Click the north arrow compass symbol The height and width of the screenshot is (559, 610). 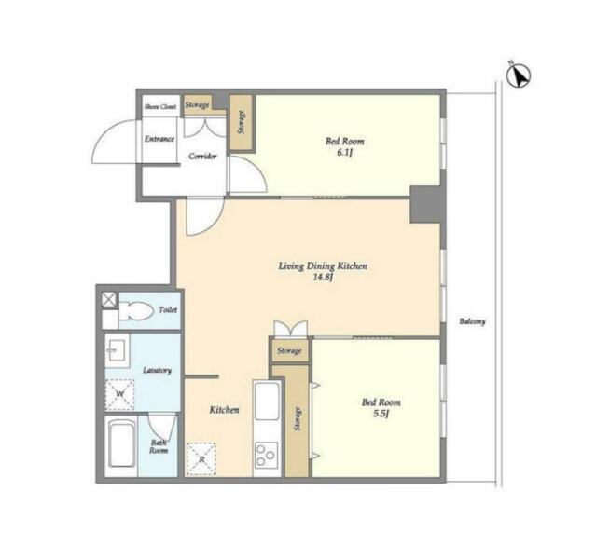click(519, 75)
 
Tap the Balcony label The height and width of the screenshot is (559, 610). click(472, 321)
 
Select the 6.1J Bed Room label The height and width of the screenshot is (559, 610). click(345, 146)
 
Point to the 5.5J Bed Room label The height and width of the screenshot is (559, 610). click(381, 407)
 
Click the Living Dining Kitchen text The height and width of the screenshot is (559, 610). click(323, 266)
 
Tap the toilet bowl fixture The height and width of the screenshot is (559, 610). click(135, 311)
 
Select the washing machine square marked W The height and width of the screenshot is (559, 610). click(119, 394)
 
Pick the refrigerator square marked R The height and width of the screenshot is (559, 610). click(201, 459)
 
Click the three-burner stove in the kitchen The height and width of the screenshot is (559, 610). click(267, 455)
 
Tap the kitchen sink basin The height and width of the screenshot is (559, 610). click(267, 400)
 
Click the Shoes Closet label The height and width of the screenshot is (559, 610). click(160, 106)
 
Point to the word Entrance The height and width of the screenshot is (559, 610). click(159, 139)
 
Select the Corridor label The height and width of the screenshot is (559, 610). click(202, 157)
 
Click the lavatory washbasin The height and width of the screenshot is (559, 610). click(117, 350)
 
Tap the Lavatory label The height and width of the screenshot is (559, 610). click(158, 370)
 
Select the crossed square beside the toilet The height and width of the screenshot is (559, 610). click(109, 300)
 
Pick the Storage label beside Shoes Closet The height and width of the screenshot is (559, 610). click(197, 105)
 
